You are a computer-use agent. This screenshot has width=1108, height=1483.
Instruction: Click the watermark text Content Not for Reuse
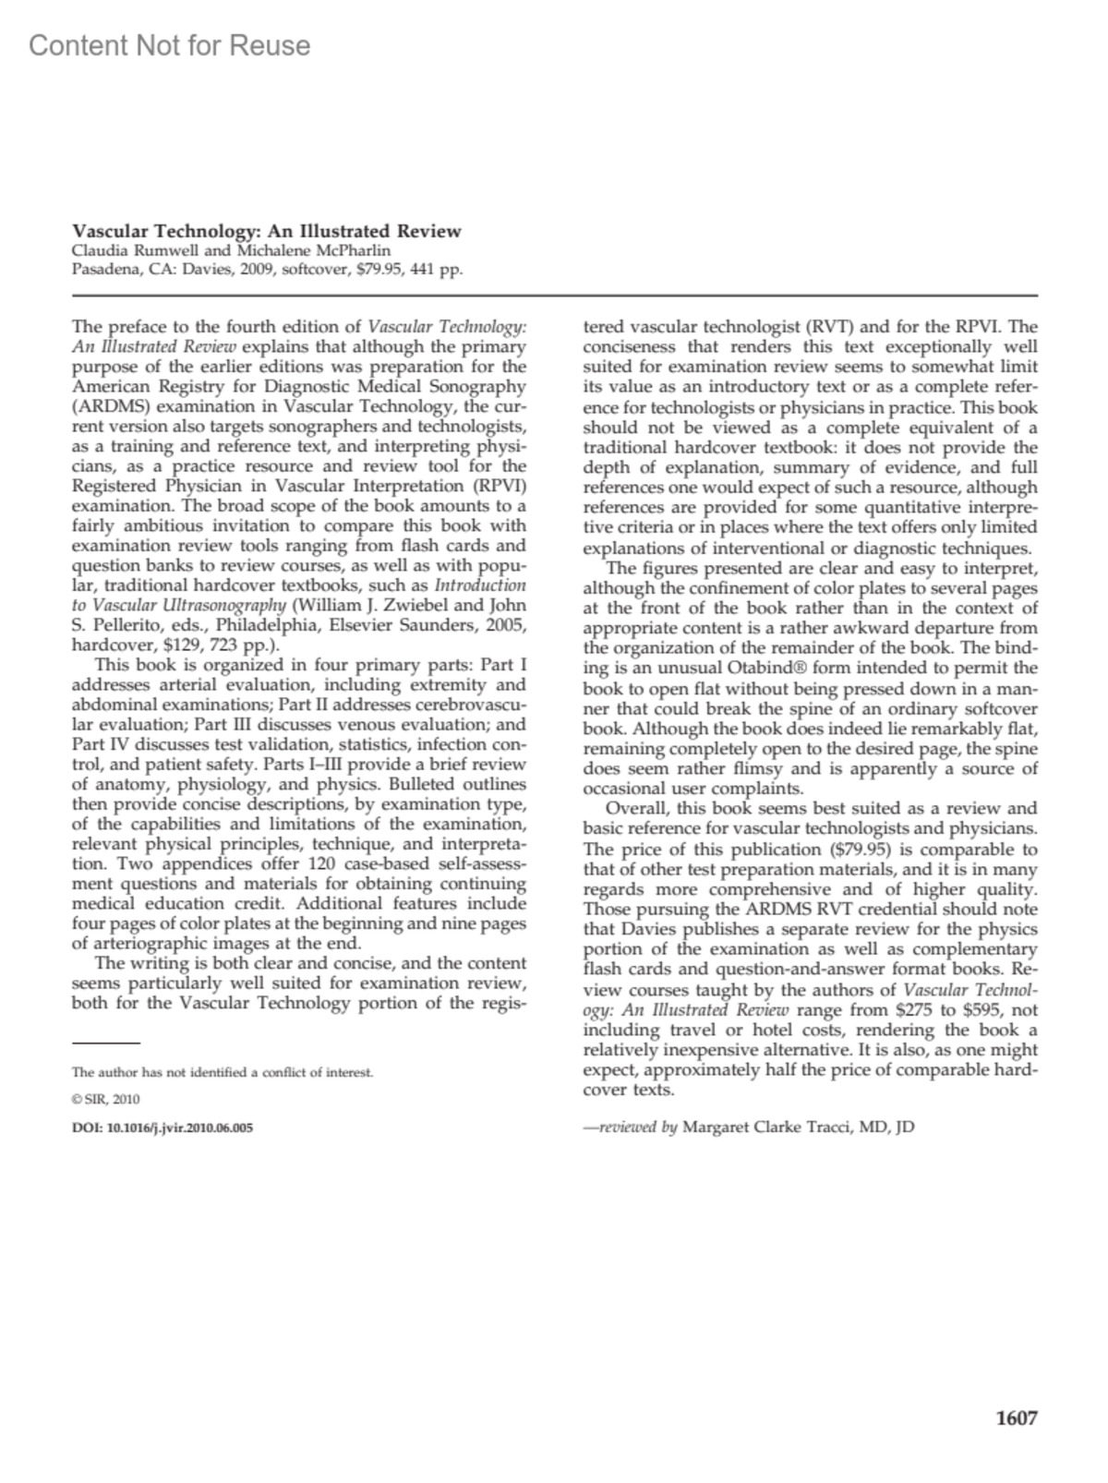[x=170, y=45]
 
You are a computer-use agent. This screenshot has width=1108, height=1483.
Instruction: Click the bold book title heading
[x=266, y=231]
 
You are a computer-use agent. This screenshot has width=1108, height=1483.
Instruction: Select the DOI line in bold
[x=163, y=1127]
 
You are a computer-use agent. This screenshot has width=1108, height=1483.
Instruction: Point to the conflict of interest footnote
[x=223, y=1073]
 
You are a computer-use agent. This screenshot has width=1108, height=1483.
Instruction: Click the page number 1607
[x=1017, y=1419]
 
